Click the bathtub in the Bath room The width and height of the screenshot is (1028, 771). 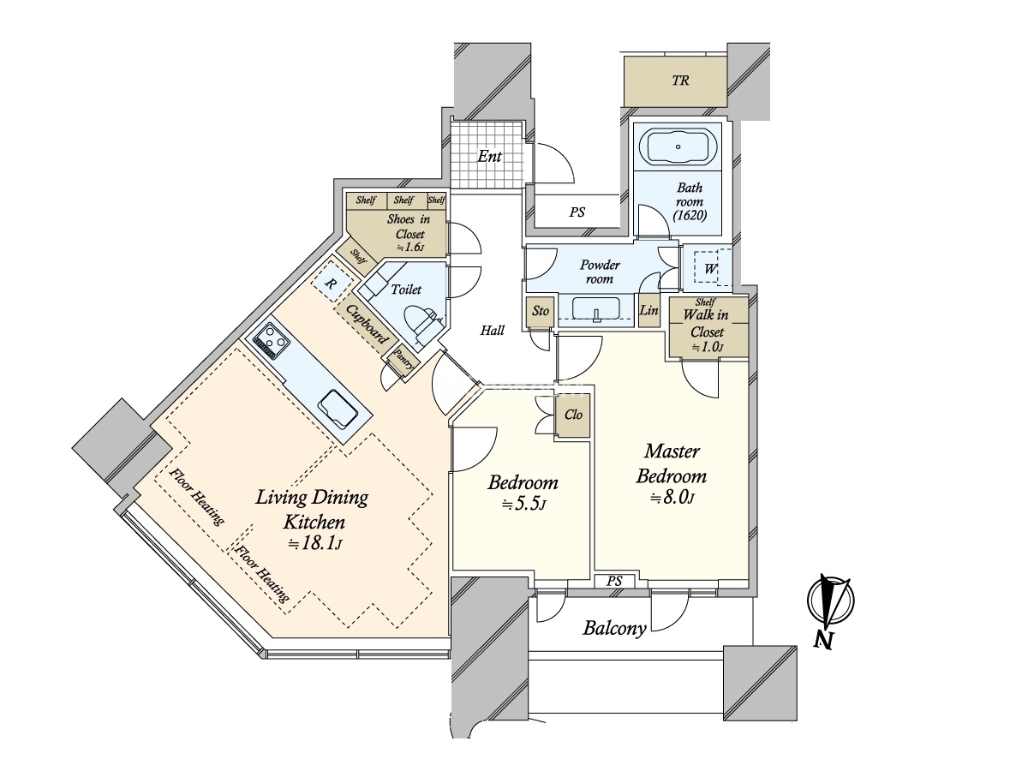tap(678, 147)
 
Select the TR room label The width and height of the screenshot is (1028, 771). tap(680, 81)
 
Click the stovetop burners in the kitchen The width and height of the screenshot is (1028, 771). tap(272, 342)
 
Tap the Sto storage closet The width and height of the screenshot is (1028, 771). tap(540, 312)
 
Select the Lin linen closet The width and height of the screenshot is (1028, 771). tap(649, 310)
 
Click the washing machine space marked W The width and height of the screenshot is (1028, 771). tap(709, 268)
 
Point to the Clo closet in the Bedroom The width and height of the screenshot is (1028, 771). tap(573, 415)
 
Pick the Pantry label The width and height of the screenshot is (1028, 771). tap(403, 360)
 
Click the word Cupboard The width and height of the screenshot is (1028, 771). tap(368, 324)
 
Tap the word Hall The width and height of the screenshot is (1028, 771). tap(493, 331)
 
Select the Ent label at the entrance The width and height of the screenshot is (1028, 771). tap(489, 157)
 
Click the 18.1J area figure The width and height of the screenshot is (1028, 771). tap(315, 543)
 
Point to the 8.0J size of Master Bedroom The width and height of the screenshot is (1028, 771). tap(672, 498)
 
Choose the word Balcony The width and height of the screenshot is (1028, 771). tap(614, 628)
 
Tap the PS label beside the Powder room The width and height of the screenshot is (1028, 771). tap(577, 212)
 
